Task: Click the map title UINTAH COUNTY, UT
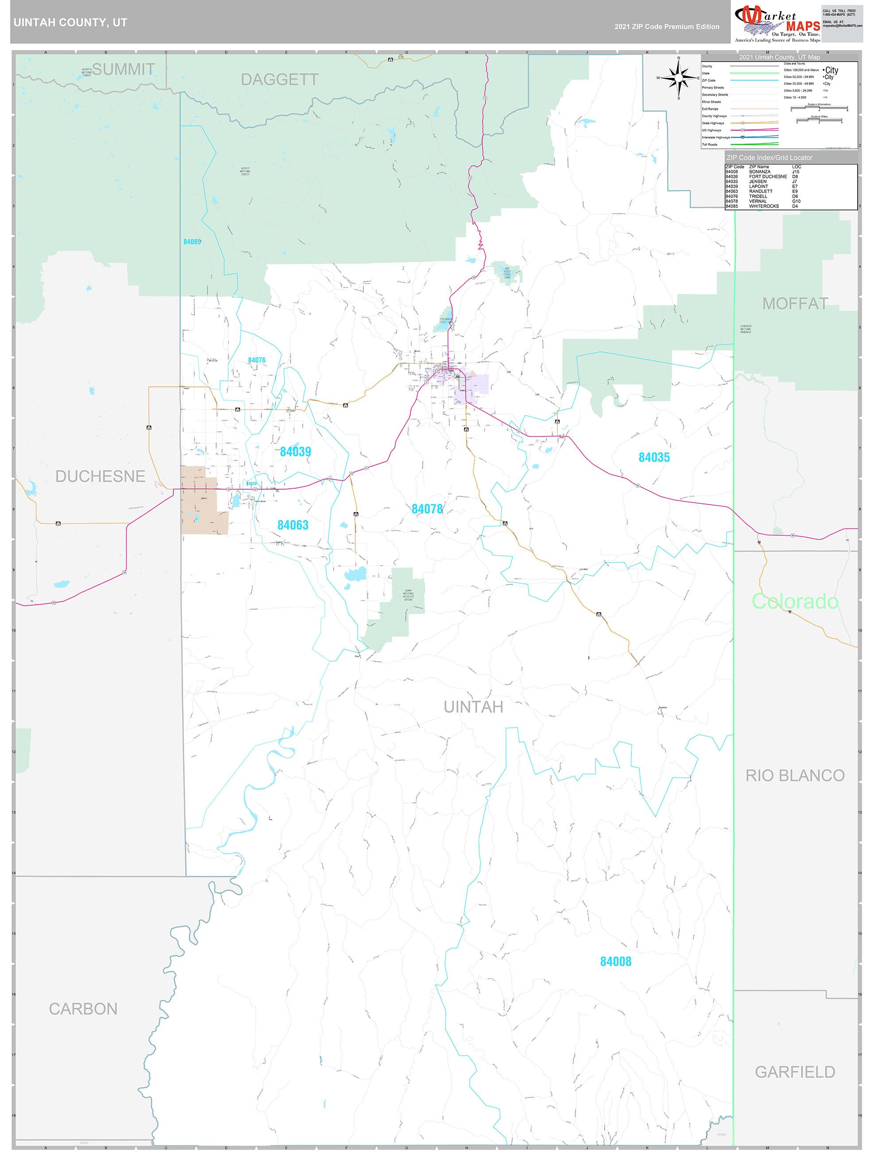[70, 23]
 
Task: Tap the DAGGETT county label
[279, 80]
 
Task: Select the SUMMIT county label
[124, 69]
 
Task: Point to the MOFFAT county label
[795, 303]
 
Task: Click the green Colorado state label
[794, 602]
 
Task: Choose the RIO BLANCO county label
[795, 775]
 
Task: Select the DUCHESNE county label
[100, 476]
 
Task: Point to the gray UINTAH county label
[473, 707]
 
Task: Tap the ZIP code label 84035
[654, 457]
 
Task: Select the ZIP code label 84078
[427, 509]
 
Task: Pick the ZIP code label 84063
[293, 525]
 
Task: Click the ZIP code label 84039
[295, 452]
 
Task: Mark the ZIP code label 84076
[257, 360]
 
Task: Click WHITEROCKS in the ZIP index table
[764, 206]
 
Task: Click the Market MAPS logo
[777, 23]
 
